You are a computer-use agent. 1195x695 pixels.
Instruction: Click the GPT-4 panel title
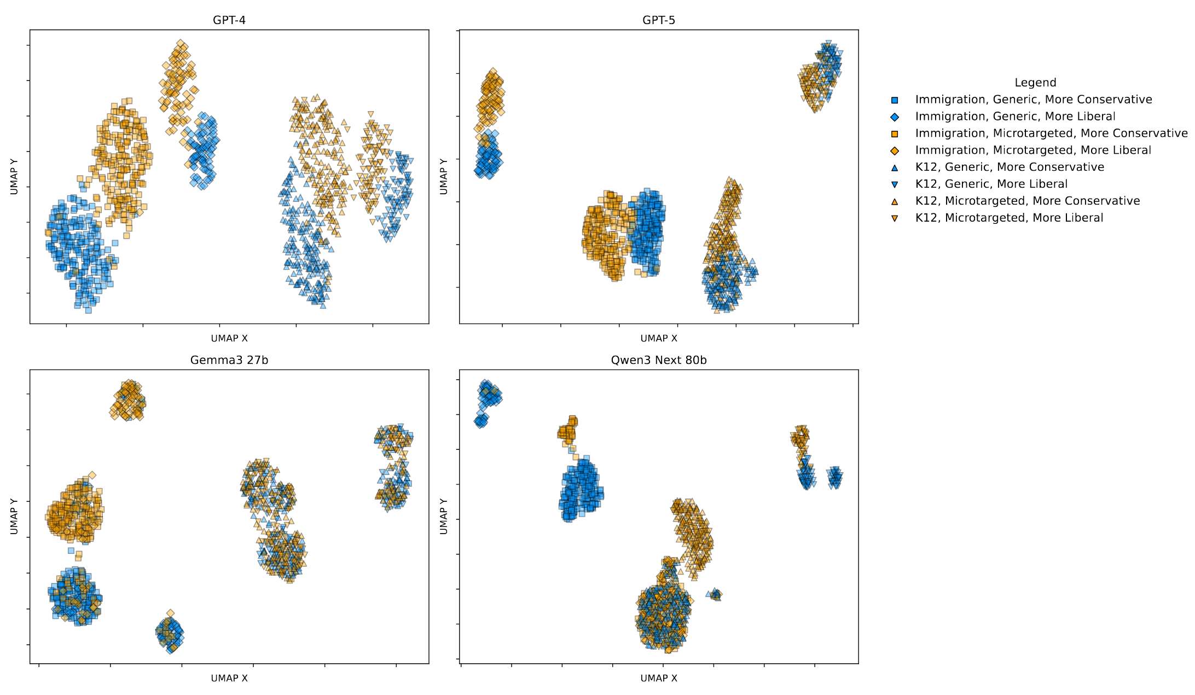[x=229, y=20]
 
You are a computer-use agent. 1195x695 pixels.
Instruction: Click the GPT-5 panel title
[x=658, y=20]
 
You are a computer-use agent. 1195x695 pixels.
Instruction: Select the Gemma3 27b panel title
[x=229, y=360]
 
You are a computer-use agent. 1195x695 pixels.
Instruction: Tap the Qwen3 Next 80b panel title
[x=658, y=360]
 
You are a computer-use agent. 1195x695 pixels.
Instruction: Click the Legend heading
[x=1035, y=83]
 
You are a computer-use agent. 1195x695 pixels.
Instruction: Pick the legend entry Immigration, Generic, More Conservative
[x=1033, y=100]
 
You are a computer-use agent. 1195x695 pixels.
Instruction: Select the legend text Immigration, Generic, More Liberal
[x=1015, y=117]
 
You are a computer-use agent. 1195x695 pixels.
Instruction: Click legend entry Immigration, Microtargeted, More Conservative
[x=1051, y=134]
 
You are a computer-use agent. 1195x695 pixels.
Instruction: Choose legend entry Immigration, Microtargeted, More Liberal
[x=1033, y=150]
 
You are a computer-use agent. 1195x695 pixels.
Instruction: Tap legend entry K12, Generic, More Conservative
[x=1010, y=167]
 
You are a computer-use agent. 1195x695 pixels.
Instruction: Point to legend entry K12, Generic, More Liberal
[x=991, y=184]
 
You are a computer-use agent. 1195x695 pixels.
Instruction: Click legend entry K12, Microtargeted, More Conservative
[x=1028, y=201]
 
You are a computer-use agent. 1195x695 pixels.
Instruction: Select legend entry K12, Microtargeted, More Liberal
[x=1009, y=218]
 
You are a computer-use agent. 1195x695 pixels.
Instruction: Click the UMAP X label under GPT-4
[x=229, y=338]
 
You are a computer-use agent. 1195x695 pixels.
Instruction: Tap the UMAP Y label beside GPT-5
[x=444, y=176]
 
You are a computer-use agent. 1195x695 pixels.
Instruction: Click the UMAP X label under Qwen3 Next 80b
[x=658, y=678]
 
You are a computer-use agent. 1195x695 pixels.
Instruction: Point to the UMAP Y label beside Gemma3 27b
[x=14, y=516]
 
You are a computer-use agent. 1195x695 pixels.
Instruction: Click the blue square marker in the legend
[x=895, y=100]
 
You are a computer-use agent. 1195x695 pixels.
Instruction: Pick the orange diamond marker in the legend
[x=895, y=151]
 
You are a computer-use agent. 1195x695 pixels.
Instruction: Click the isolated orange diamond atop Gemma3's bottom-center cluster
[x=170, y=613]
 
